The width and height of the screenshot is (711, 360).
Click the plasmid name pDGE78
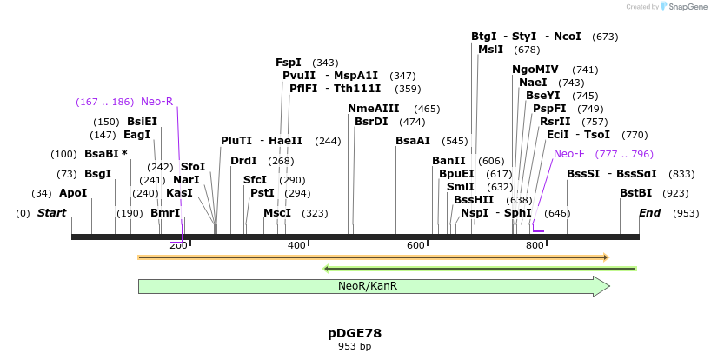point(355,333)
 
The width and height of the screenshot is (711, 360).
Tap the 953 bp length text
point(355,346)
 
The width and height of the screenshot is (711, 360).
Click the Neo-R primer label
point(156,102)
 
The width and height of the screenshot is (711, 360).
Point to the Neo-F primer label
point(569,154)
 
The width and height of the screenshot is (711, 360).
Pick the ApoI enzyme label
point(73,193)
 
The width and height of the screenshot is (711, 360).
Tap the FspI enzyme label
point(289,63)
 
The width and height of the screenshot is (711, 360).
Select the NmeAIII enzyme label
point(373,109)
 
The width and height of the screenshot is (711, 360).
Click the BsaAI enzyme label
point(413,141)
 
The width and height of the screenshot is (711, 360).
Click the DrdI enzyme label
point(243,161)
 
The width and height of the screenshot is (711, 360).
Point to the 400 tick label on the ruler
point(296,246)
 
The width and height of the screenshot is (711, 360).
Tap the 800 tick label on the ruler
point(535,246)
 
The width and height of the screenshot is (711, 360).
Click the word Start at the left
point(51,213)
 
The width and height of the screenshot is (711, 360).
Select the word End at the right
point(650,213)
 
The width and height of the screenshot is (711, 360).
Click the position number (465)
point(427,109)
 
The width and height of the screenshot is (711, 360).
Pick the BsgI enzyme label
point(97,174)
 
